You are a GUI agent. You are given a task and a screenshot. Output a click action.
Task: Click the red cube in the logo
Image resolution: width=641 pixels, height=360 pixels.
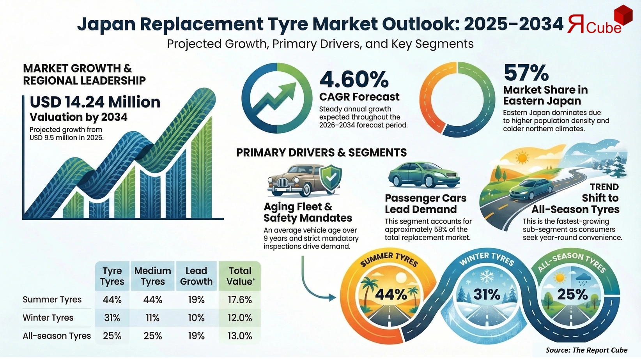tap(623, 16)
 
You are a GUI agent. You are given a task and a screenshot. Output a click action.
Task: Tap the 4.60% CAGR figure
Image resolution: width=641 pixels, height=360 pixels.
tap(354, 79)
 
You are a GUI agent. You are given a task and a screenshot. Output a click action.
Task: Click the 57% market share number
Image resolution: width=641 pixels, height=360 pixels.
tap(526, 73)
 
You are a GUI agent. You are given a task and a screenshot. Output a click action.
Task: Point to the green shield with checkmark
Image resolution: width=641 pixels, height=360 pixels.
tap(331, 178)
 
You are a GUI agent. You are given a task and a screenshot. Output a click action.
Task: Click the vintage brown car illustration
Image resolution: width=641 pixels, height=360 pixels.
tap(296, 180)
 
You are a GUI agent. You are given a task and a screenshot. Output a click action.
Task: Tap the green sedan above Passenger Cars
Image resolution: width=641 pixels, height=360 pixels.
tap(424, 175)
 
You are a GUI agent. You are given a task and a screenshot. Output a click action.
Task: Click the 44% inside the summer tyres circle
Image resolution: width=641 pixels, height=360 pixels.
tap(391, 294)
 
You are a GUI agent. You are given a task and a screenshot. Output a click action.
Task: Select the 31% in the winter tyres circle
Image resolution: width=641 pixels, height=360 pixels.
tap(487, 294)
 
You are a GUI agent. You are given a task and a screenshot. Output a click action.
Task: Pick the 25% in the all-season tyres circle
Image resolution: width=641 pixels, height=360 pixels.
tap(572, 294)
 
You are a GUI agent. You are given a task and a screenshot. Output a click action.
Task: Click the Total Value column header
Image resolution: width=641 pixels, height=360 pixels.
tap(240, 276)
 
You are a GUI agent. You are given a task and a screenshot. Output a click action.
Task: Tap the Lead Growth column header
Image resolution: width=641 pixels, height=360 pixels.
tap(196, 276)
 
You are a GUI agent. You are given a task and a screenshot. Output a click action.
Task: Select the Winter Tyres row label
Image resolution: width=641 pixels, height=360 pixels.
tap(48, 318)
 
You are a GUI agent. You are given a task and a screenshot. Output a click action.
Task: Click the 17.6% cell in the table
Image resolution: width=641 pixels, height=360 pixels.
tap(240, 300)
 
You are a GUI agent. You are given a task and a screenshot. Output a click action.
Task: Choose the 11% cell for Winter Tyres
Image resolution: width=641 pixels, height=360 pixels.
tap(152, 318)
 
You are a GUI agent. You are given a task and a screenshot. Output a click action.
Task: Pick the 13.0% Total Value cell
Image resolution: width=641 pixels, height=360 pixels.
tap(240, 336)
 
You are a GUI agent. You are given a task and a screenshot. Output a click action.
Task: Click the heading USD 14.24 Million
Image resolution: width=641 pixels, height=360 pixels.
tap(95, 102)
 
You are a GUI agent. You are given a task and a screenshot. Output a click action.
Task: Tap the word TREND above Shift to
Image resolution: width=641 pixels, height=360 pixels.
tap(604, 187)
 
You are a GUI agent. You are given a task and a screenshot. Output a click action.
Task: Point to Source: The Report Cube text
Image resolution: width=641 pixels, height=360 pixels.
tap(586, 350)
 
